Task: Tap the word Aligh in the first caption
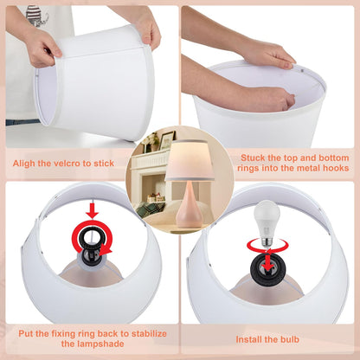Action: [24, 164]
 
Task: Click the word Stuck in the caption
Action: [253, 157]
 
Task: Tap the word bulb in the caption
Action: [289, 339]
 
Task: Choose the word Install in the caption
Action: [247, 339]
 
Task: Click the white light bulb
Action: [266, 222]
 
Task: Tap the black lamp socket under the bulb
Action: [268, 269]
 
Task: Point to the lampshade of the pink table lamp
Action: [190, 160]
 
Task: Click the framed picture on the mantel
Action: [168, 140]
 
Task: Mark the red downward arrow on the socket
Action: [268, 261]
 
